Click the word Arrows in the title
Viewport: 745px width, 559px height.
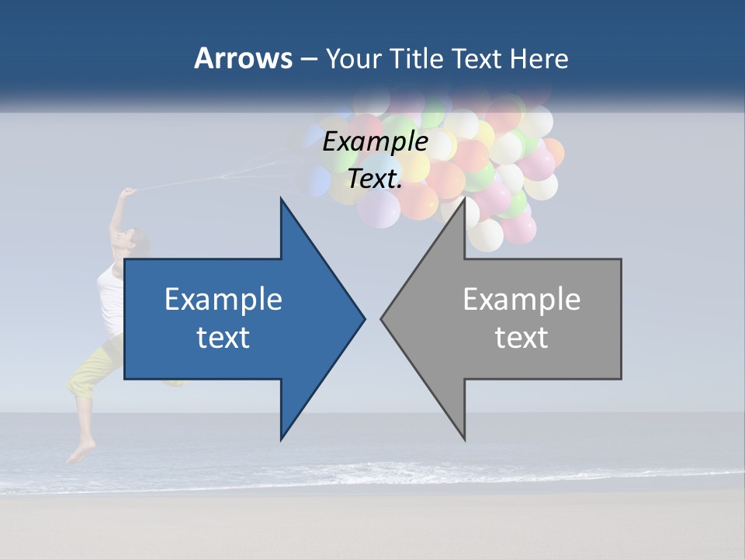click(243, 58)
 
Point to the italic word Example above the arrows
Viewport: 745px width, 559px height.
click(376, 141)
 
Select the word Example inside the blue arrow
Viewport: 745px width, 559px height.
click(223, 299)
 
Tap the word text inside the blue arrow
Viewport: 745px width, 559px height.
click(223, 338)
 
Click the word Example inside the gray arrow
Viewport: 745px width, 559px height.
click(521, 299)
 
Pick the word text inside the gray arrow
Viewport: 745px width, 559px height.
click(521, 338)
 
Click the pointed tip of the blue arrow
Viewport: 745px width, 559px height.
click(363, 318)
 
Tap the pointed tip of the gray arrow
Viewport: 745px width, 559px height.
click(383, 318)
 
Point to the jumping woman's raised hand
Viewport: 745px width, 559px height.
click(128, 192)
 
